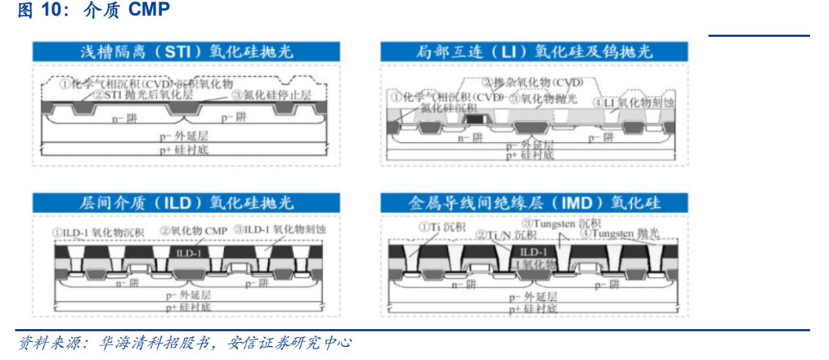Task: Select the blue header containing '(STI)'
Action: click(x=187, y=52)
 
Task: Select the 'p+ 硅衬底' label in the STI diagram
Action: click(x=187, y=149)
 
